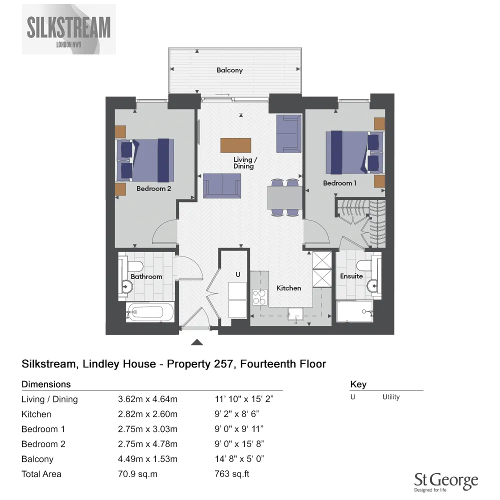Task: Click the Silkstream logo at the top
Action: tap(69, 29)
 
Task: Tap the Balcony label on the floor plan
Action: tap(229, 70)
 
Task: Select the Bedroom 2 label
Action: tap(154, 188)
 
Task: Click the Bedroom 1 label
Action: tap(339, 183)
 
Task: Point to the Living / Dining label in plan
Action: tap(245, 162)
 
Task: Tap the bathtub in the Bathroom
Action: tap(149, 312)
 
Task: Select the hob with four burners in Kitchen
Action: tap(259, 297)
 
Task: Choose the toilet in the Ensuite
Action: tap(363, 264)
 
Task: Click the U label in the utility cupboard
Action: tap(238, 274)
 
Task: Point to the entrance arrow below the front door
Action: tap(197, 342)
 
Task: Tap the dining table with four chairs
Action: tap(284, 196)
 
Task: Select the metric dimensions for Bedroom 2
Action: tap(147, 444)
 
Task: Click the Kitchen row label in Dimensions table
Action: tap(36, 414)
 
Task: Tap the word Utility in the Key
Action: tap(391, 397)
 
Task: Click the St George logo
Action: tap(446, 483)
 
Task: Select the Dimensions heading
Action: tap(46, 384)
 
